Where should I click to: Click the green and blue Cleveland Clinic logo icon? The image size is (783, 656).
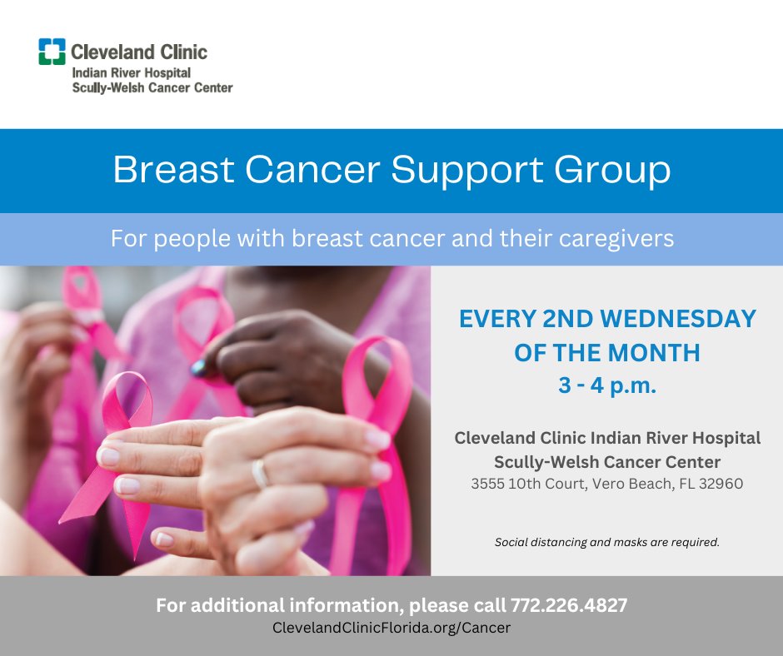[x=52, y=52]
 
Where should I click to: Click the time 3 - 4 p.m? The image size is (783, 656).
[x=606, y=386]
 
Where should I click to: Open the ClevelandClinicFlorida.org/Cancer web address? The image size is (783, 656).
[x=391, y=628]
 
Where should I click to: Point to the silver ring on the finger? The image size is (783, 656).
[x=260, y=474]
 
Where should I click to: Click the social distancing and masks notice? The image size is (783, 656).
[x=606, y=542]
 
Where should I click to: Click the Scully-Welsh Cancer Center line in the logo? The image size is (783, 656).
[x=152, y=87]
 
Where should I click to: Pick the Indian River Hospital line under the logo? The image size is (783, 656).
[x=125, y=73]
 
